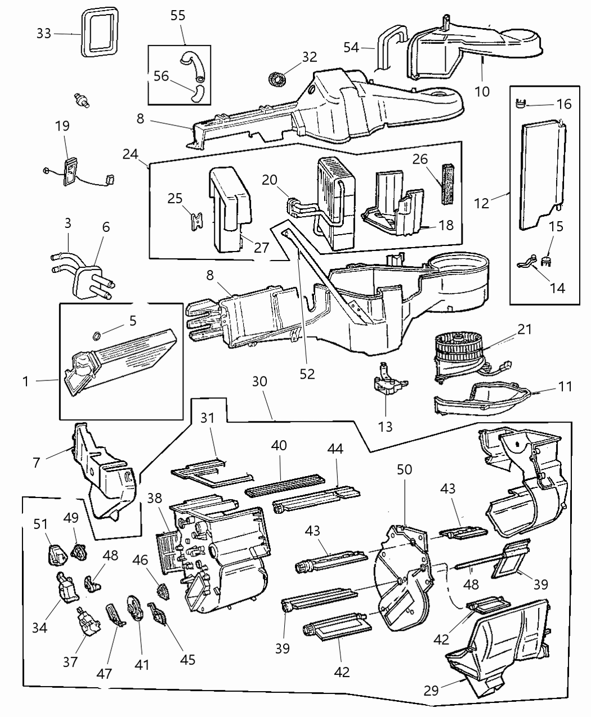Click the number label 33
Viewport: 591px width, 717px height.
pyautogui.click(x=44, y=33)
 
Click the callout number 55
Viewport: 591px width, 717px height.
pyautogui.click(x=178, y=15)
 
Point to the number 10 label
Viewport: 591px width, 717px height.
pyautogui.click(x=482, y=91)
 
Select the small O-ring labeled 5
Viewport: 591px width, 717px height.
pyautogui.click(x=97, y=337)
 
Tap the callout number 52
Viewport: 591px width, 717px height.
pyautogui.click(x=307, y=373)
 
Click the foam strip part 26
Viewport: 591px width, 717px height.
pyautogui.click(x=449, y=184)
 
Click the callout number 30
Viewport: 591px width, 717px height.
pyautogui.click(x=259, y=381)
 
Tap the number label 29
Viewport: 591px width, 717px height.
pyautogui.click(x=431, y=690)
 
